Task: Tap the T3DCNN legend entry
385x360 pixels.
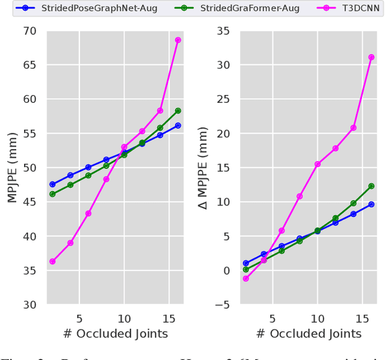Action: coord(345,8)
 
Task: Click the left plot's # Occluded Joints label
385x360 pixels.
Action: coord(114,334)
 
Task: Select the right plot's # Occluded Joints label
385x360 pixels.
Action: coord(308,334)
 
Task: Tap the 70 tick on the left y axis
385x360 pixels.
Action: coord(29,31)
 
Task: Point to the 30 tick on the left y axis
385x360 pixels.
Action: coord(29,305)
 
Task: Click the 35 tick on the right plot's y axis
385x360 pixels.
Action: coord(223,31)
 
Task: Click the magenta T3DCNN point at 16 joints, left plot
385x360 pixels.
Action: coord(178,40)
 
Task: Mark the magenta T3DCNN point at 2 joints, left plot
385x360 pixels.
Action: coord(52,261)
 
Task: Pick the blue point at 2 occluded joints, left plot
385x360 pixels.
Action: coord(52,184)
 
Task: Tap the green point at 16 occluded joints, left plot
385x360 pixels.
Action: coord(178,111)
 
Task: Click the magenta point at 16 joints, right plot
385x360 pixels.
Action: coord(371,57)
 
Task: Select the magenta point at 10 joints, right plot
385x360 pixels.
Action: coord(317,164)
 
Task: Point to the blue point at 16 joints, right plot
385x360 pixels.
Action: coord(371,204)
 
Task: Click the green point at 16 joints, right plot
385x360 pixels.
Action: coord(371,186)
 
